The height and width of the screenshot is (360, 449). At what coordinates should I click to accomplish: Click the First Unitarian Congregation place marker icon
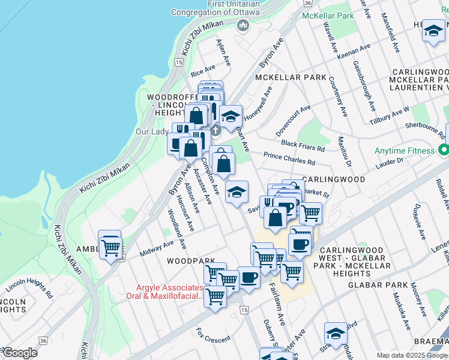click(243, 25)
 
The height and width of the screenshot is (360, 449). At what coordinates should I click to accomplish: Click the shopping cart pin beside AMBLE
click(110, 247)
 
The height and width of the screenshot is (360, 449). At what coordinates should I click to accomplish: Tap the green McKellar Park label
click(328, 16)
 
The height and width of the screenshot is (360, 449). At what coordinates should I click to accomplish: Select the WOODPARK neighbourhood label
click(191, 261)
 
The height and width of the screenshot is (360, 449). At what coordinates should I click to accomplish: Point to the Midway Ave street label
click(156, 248)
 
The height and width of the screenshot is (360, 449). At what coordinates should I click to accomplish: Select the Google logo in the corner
click(20, 353)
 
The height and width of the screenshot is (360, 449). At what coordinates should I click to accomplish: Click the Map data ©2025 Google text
click(411, 355)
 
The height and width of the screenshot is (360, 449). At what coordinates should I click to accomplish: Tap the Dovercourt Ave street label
click(293, 121)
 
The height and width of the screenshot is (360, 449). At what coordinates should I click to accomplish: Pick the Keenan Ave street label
click(354, 53)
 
